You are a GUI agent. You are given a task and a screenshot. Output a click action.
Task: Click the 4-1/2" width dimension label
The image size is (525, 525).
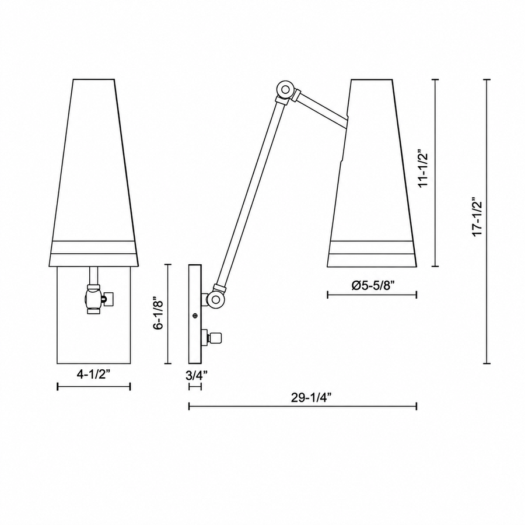[x=94, y=374]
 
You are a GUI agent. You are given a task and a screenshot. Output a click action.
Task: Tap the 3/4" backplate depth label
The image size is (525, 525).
[x=197, y=375]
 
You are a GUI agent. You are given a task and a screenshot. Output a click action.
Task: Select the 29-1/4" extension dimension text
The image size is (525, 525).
[x=311, y=398]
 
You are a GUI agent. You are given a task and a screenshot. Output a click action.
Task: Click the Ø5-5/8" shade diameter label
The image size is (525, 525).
[x=373, y=286]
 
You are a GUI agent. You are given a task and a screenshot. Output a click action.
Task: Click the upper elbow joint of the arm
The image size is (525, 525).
[x=285, y=89]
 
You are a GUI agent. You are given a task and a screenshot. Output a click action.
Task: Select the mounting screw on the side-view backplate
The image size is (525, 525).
[x=195, y=316]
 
